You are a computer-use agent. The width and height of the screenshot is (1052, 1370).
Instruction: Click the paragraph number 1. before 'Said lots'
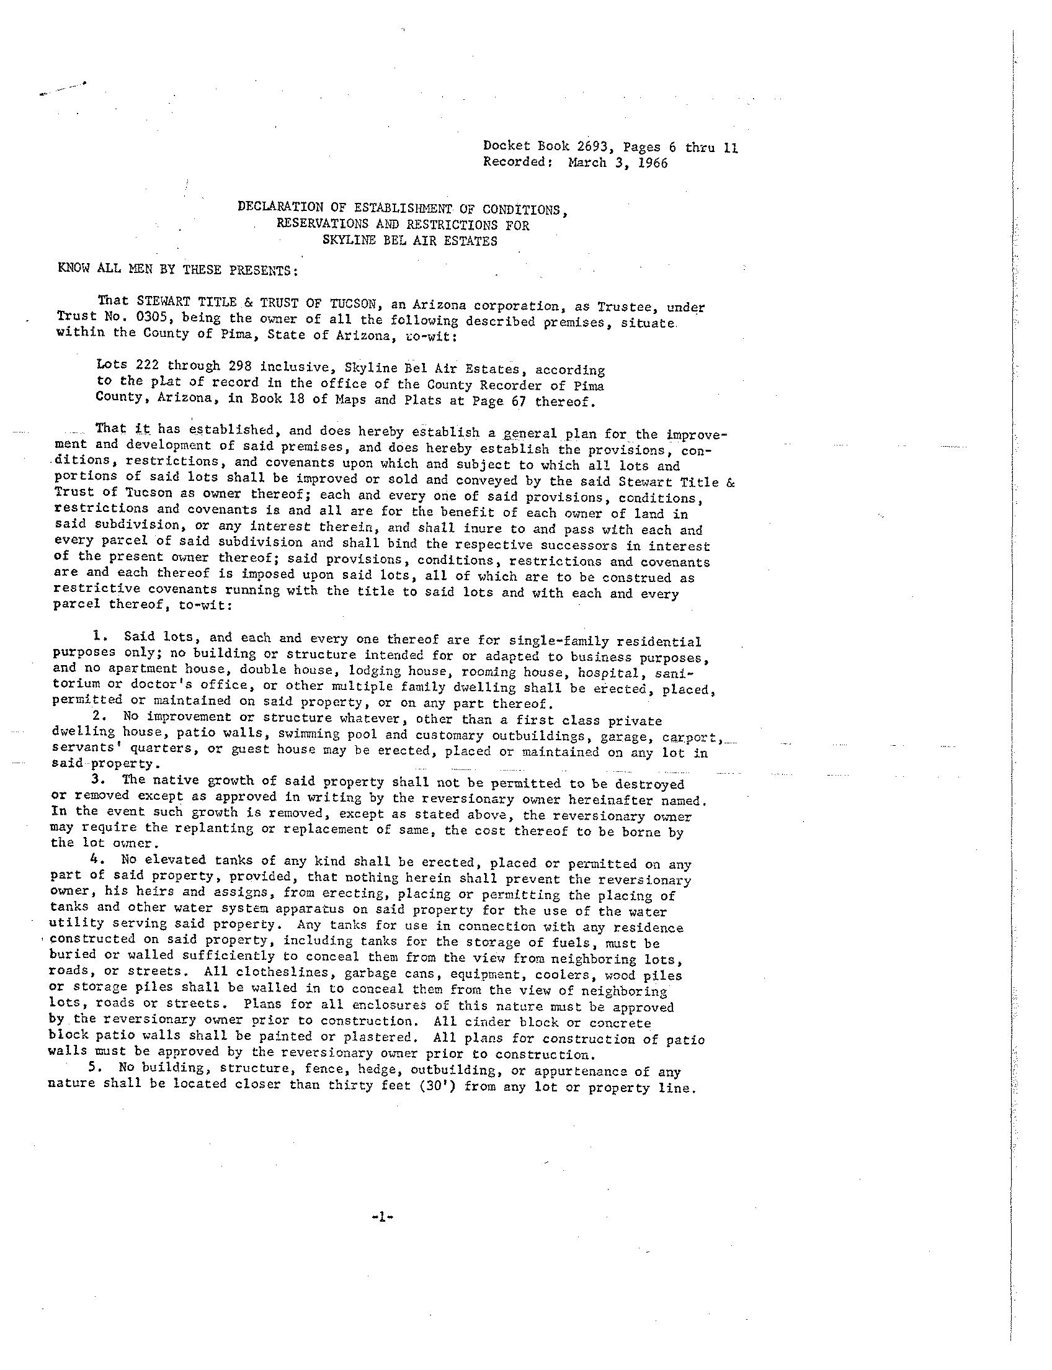coord(97,637)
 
